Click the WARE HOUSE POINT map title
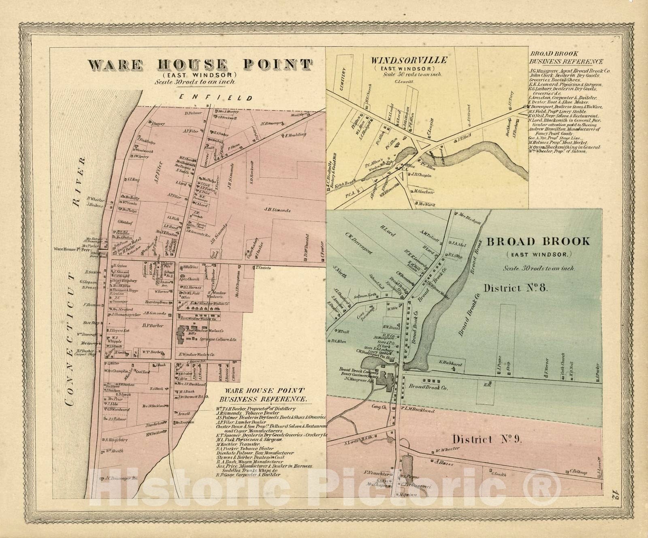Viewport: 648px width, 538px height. coord(200,64)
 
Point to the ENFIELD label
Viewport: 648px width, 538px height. coord(217,98)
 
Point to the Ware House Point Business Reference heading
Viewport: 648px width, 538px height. coord(265,395)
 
